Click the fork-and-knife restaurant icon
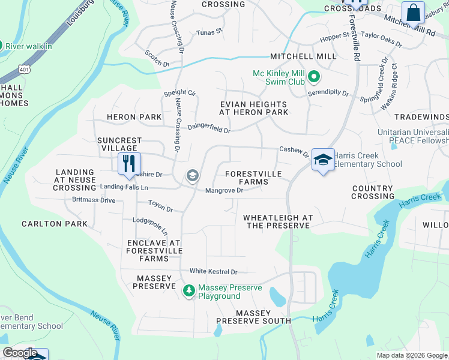(x=129, y=164)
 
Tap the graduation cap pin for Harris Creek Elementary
(x=323, y=160)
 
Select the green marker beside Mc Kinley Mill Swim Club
(x=314, y=77)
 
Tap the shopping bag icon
(x=414, y=13)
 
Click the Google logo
(x=20, y=353)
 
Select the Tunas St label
(x=209, y=31)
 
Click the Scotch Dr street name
(x=157, y=58)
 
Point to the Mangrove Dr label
(x=224, y=191)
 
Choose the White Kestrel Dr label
(x=214, y=272)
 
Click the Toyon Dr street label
(x=160, y=206)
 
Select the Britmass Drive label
(x=93, y=200)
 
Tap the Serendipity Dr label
(x=329, y=93)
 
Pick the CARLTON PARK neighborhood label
(x=55, y=224)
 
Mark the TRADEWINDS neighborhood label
(x=422, y=116)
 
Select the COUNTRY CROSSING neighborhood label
(x=372, y=192)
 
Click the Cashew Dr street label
(x=294, y=152)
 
